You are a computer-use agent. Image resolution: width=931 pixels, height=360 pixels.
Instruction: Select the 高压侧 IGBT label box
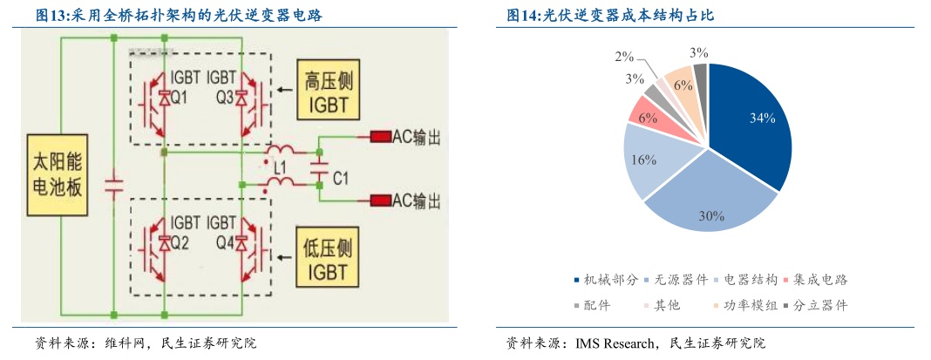327,93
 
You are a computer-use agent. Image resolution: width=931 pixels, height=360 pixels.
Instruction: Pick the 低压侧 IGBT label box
327,259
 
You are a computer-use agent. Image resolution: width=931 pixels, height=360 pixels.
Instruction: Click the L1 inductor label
279,165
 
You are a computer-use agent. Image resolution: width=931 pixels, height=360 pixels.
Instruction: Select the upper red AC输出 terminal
380,136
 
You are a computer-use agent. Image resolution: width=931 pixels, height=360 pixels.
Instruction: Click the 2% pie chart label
624,57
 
